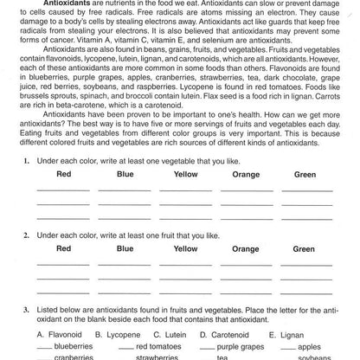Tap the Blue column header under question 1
click(x=125, y=175)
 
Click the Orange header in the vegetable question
click(x=246, y=175)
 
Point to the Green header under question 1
click(x=305, y=175)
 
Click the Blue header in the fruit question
click(x=125, y=249)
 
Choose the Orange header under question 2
click(x=246, y=249)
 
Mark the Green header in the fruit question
click(x=305, y=249)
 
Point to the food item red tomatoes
click(x=158, y=345)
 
